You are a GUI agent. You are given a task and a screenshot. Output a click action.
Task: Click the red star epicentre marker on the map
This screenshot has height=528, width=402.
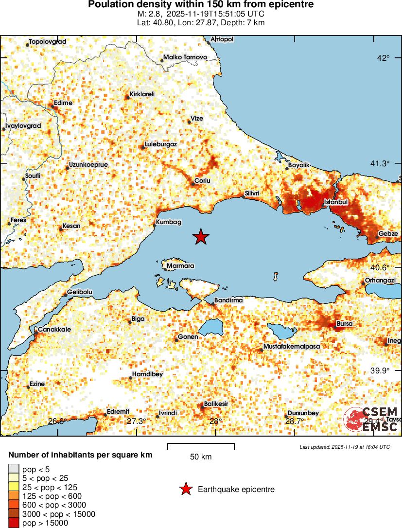(x=200, y=237)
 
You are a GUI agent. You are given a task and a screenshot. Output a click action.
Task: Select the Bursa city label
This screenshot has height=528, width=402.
(x=345, y=323)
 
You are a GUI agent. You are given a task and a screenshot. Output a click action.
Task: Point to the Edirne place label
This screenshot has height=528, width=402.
(x=63, y=103)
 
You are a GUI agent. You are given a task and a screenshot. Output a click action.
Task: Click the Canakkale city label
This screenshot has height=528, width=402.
(x=54, y=329)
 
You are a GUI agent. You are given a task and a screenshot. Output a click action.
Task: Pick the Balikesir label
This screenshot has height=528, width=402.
(x=216, y=404)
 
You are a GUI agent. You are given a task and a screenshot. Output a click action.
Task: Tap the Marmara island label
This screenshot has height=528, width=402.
(x=180, y=266)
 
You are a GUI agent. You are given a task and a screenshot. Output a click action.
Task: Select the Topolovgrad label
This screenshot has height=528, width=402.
(x=47, y=42)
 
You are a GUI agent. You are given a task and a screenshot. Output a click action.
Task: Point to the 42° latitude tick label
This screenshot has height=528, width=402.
(x=383, y=58)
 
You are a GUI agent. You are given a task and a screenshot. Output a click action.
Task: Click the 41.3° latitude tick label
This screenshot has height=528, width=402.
(x=380, y=163)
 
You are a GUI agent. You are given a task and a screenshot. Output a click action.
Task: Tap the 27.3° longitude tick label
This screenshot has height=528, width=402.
(x=136, y=421)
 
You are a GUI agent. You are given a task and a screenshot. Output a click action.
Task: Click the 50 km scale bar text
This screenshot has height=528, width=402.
(x=200, y=457)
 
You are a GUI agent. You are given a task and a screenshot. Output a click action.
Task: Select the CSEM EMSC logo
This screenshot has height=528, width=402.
(x=370, y=420)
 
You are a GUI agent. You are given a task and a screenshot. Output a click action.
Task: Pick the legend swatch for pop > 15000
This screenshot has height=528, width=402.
(x=14, y=523)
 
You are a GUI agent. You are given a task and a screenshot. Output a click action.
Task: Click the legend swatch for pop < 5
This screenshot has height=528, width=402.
(x=14, y=469)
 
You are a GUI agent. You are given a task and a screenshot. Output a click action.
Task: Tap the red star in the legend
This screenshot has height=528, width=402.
(x=185, y=490)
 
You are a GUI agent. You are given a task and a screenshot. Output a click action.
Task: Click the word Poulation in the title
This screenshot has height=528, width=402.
(x=109, y=4)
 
